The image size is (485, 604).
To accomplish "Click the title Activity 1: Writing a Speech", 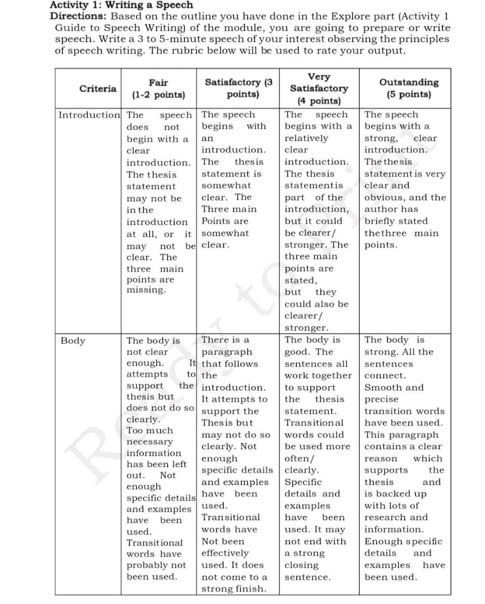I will click(121, 5).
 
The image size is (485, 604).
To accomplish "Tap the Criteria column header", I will click(98, 88).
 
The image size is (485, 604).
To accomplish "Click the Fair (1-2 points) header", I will click(158, 88).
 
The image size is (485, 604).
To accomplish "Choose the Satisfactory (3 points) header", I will click(237, 88).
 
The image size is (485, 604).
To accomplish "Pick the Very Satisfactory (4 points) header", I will click(319, 88).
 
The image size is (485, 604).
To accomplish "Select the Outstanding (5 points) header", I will click(409, 88).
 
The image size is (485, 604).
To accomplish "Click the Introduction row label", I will click(89, 115).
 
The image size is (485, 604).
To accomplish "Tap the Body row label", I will click(73, 340).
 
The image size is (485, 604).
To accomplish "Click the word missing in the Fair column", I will click(146, 290).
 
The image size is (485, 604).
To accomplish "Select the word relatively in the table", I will click(306, 138).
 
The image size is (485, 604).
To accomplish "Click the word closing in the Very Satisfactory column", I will click(302, 565).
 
